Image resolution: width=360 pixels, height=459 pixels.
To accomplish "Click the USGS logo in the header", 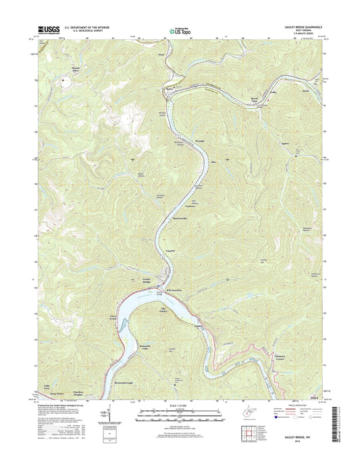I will [47, 30].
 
